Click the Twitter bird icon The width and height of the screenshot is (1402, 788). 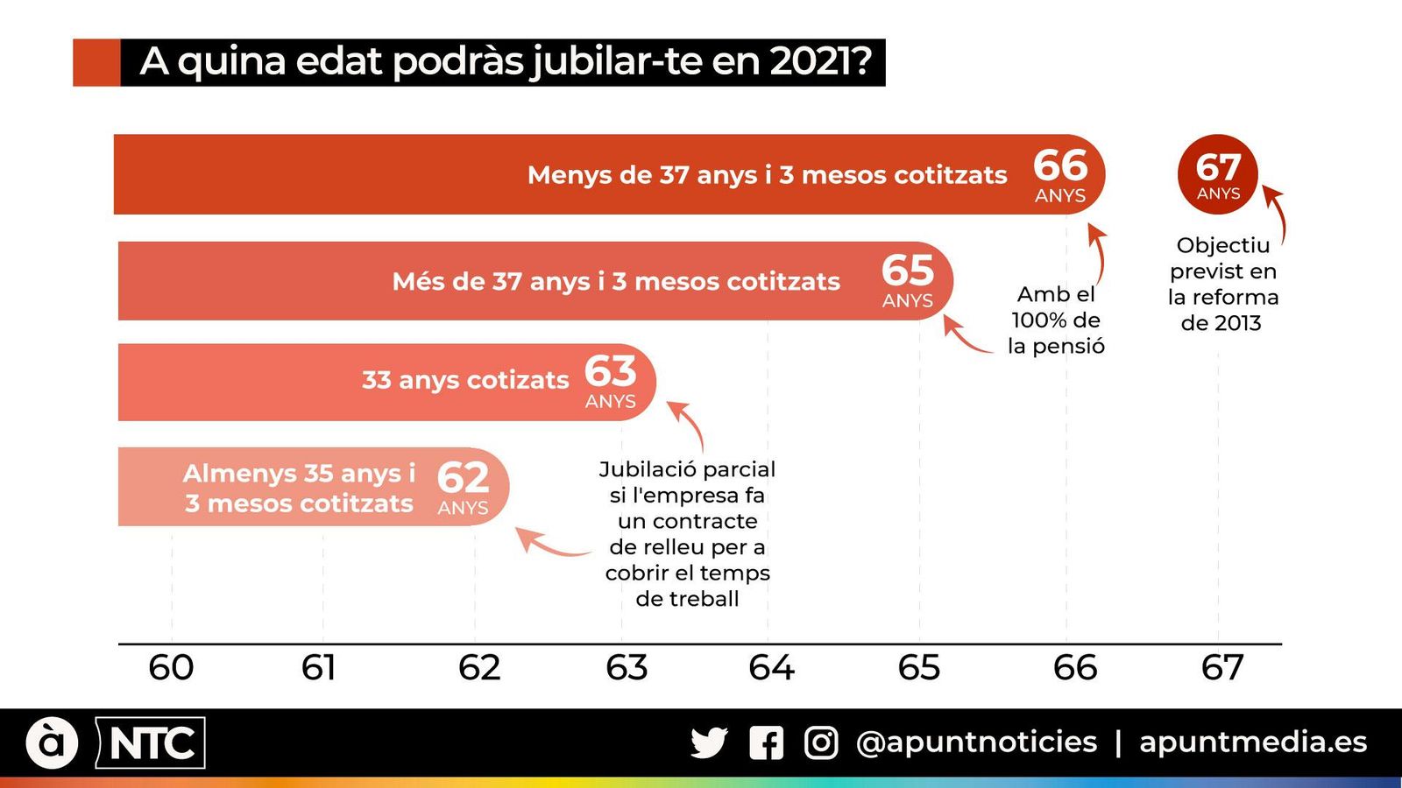click(709, 742)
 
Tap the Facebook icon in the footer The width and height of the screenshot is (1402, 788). click(767, 742)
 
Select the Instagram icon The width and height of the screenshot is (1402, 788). click(821, 742)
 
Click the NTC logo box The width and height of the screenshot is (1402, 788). click(151, 743)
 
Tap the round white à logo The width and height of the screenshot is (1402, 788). click(52, 742)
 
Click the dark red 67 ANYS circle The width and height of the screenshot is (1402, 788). click(1217, 173)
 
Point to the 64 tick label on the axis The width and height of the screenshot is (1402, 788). click(770, 668)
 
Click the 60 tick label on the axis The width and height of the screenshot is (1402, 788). click(171, 668)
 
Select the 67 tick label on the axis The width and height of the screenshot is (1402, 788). click(1221, 668)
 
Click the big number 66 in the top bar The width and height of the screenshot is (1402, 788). click(1060, 165)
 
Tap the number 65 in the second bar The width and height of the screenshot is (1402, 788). click(908, 271)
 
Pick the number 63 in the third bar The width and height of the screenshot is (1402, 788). click(611, 371)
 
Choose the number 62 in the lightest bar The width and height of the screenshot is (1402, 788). click(463, 478)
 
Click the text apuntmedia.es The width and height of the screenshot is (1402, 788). click(1253, 742)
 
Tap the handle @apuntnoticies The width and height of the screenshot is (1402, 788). click(976, 742)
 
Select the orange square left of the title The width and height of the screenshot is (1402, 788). click(96, 62)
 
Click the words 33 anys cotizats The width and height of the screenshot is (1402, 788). click(465, 380)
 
